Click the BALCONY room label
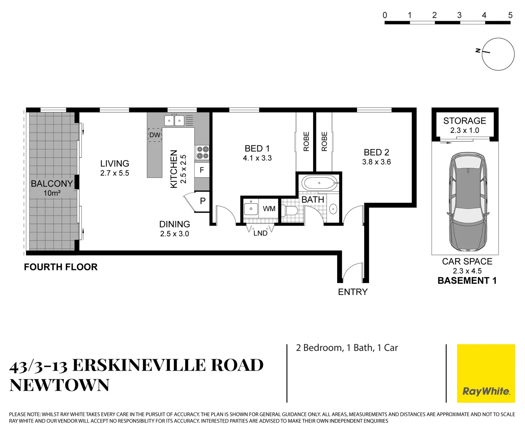pos(52,184)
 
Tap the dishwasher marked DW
pos(155,135)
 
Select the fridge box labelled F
pos(202,170)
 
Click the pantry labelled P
pos(203,201)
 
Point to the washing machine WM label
pos(269,209)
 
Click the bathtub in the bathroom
pos(320,184)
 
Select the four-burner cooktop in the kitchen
pos(202,152)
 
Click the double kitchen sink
pos(174,120)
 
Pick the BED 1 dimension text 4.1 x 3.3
pos(257,158)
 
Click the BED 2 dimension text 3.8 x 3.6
pos(376,162)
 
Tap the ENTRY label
pos(353,292)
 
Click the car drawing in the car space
pos(468,202)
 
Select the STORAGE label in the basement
pos(464,121)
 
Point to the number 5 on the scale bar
pos(510,15)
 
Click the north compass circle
pos(498,54)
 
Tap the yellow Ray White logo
pos(486,373)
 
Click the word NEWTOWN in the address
pos(59,386)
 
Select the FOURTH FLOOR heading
pos(61,267)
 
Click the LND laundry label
pos(261,233)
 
